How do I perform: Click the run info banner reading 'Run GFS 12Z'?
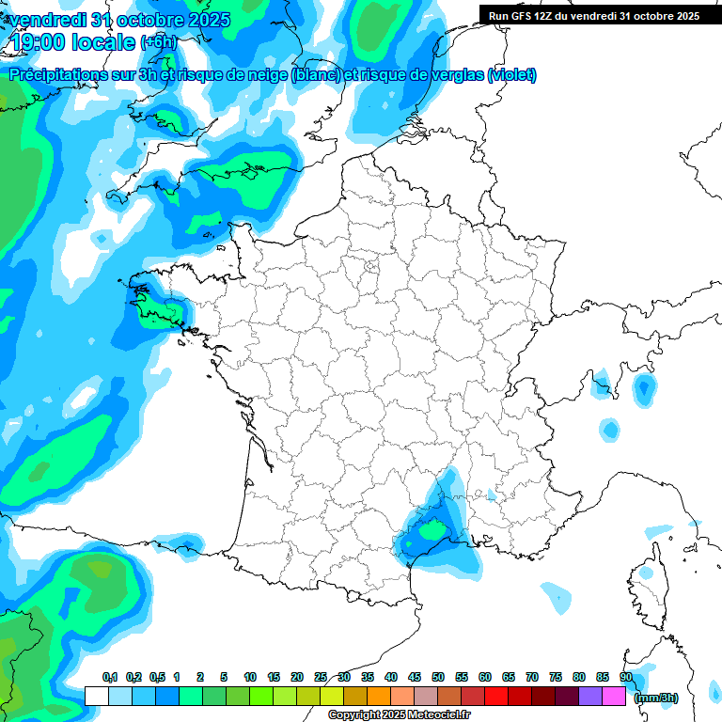click(593, 15)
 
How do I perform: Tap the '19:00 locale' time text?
click(72, 41)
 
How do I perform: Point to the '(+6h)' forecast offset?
click(158, 42)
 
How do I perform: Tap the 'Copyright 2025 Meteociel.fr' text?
click(400, 715)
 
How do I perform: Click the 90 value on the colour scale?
click(626, 677)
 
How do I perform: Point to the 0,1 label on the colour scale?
click(110, 677)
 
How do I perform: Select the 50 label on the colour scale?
click(438, 677)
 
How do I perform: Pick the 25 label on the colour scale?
click(321, 677)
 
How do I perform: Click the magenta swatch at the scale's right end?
click(614, 696)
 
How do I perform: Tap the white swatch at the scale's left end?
click(96, 696)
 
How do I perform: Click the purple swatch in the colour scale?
click(590, 696)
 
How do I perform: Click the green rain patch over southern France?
click(432, 531)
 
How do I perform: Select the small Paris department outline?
click(369, 271)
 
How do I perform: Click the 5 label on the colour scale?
click(223, 677)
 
